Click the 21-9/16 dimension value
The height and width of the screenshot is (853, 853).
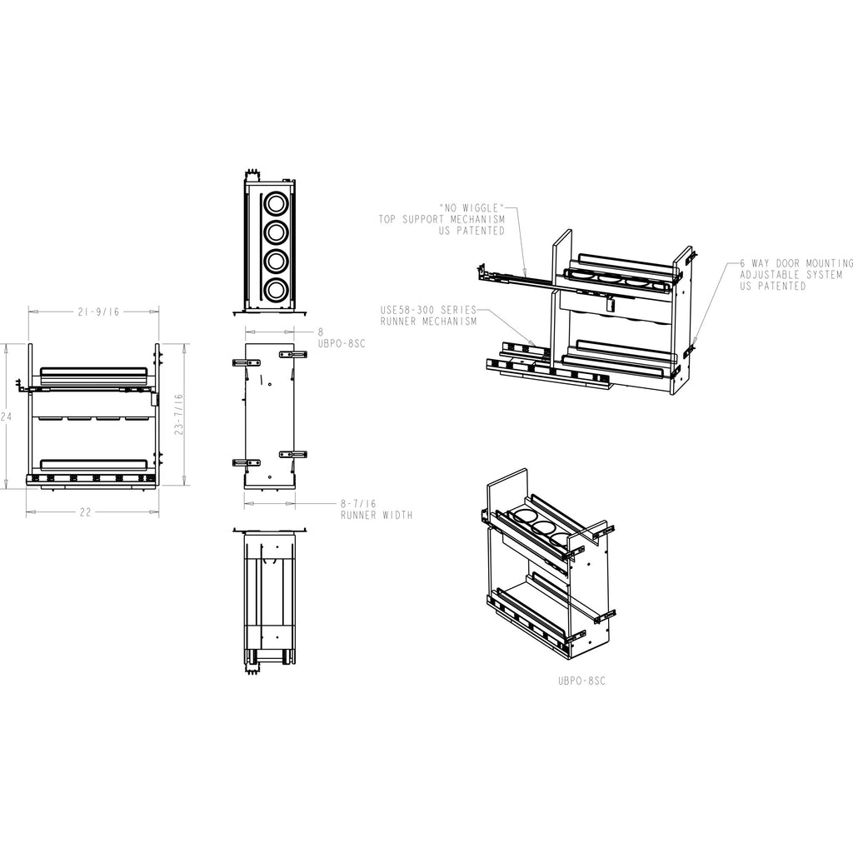point(98,312)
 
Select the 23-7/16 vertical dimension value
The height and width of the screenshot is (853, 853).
point(180,415)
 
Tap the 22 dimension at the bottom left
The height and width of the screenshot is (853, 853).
point(86,512)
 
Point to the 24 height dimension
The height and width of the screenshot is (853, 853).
point(6,417)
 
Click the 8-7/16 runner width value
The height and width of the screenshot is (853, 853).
point(358,504)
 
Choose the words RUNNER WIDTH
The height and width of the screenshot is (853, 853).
point(377,515)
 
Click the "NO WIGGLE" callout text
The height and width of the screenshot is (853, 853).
point(471,207)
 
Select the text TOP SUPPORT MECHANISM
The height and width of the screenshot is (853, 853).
point(441,219)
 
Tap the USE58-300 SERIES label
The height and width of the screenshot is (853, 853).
point(428,310)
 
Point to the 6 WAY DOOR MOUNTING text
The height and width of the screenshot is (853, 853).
point(796,263)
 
